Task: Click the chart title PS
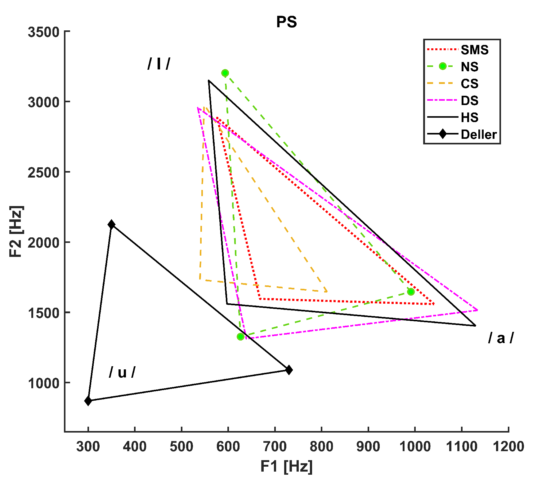click(x=286, y=22)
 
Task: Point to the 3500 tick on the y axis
click(x=43, y=32)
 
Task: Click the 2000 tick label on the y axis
click(x=43, y=242)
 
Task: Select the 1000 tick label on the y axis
click(x=43, y=383)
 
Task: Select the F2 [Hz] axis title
click(x=16, y=231)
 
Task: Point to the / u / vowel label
click(x=122, y=372)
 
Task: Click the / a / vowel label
click(x=501, y=338)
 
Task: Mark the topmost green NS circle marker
click(x=225, y=73)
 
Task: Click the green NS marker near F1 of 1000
click(x=411, y=292)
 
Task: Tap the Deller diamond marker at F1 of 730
click(x=289, y=370)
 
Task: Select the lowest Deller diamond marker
click(x=88, y=401)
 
